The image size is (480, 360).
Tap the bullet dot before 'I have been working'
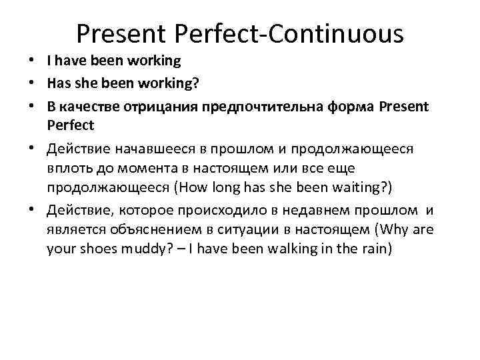[x=33, y=61]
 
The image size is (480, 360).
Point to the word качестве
[x=89, y=105]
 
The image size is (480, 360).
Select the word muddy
[x=141, y=251]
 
